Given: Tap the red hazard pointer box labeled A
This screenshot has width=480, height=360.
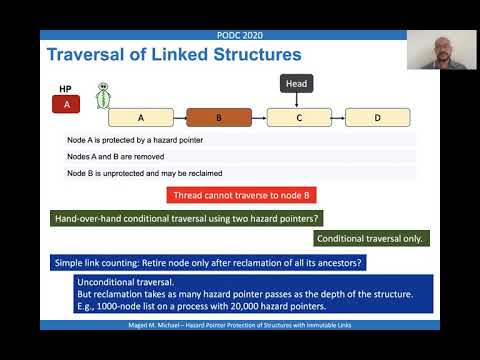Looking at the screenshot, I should tap(67, 102).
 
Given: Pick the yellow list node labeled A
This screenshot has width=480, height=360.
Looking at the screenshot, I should tap(141, 117).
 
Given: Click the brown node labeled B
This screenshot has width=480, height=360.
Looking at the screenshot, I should tap(219, 117).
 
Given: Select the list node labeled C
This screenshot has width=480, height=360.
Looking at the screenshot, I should tap(298, 117).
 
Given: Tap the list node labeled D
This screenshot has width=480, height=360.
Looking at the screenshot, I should tap(377, 117).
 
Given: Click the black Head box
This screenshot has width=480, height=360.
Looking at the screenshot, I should tap(298, 84).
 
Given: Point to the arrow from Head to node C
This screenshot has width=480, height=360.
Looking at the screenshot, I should tap(298, 100).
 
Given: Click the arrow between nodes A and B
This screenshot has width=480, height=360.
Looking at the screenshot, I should tap(180, 117).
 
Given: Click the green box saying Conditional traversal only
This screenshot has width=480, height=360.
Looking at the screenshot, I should tap(372, 238).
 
